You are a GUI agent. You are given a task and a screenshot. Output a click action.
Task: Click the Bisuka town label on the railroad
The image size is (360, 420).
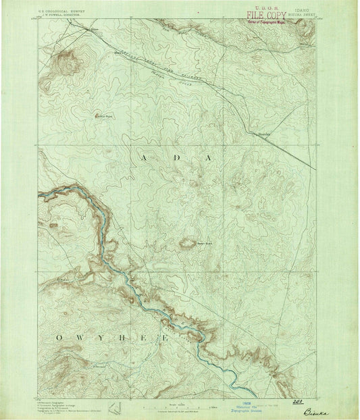261,134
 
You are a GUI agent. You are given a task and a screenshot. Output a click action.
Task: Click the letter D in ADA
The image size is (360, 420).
178,157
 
